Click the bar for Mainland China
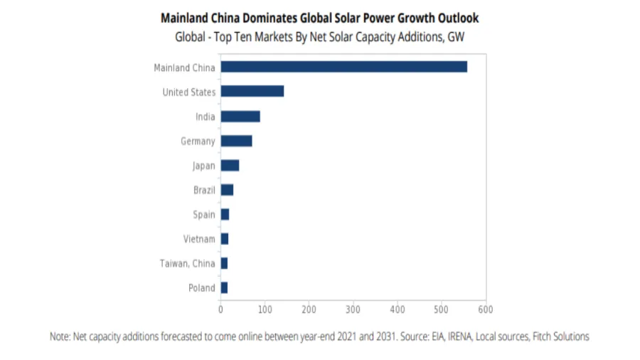tap(343, 67)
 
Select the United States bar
tap(252, 91)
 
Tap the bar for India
tap(240, 116)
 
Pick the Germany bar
tap(236, 141)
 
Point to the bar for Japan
tap(230, 165)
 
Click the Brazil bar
tap(227, 190)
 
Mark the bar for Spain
tap(225, 214)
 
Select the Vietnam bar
tap(224, 239)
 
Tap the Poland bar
tap(224, 287)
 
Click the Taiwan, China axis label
tap(187, 263)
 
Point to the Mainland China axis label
tap(184, 68)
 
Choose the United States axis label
tap(188, 92)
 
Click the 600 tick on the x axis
tap(486, 309)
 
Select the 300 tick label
tap(353, 309)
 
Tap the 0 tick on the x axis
tap(220, 309)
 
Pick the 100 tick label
tap(265, 309)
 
